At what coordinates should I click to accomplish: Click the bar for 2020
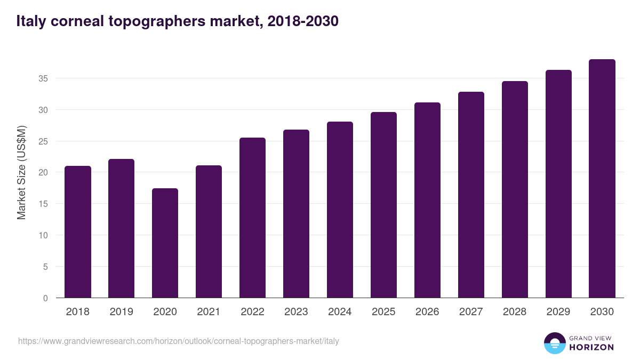pos(165,243)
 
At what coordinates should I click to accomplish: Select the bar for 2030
pos(602,179)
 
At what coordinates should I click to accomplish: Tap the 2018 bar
pos(78,232)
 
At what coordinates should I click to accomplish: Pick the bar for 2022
pos(252,218)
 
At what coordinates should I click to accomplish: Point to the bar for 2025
pos(383,205)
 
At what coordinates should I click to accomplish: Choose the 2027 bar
pos(471,195)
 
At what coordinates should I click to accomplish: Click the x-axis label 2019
pos(122,312)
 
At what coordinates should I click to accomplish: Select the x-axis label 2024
pos(340,312)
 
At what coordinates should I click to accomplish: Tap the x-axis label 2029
pos(558,312)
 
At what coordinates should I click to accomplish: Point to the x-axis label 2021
pos(209,312)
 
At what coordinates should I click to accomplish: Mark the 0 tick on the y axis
pos(46,298)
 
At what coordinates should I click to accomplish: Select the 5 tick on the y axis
pos(46,267)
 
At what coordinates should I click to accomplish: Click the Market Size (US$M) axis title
pos(21,172)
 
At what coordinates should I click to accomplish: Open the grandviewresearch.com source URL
pos(178,341)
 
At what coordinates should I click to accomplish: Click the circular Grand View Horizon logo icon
pos(554,343)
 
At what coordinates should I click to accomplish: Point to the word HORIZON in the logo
pos(591,347)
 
